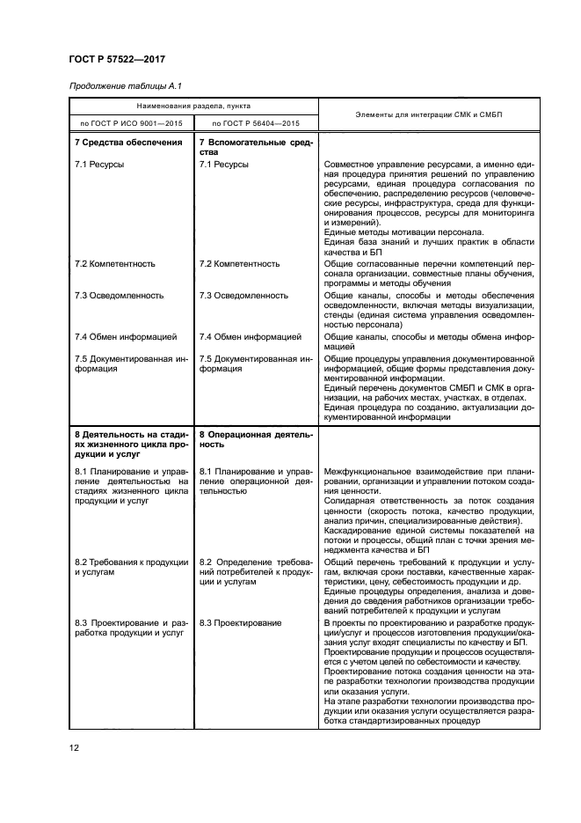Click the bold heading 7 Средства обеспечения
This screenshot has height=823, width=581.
click(x=128, y=142)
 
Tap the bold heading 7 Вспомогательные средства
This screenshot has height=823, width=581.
click(x=255, y=147)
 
